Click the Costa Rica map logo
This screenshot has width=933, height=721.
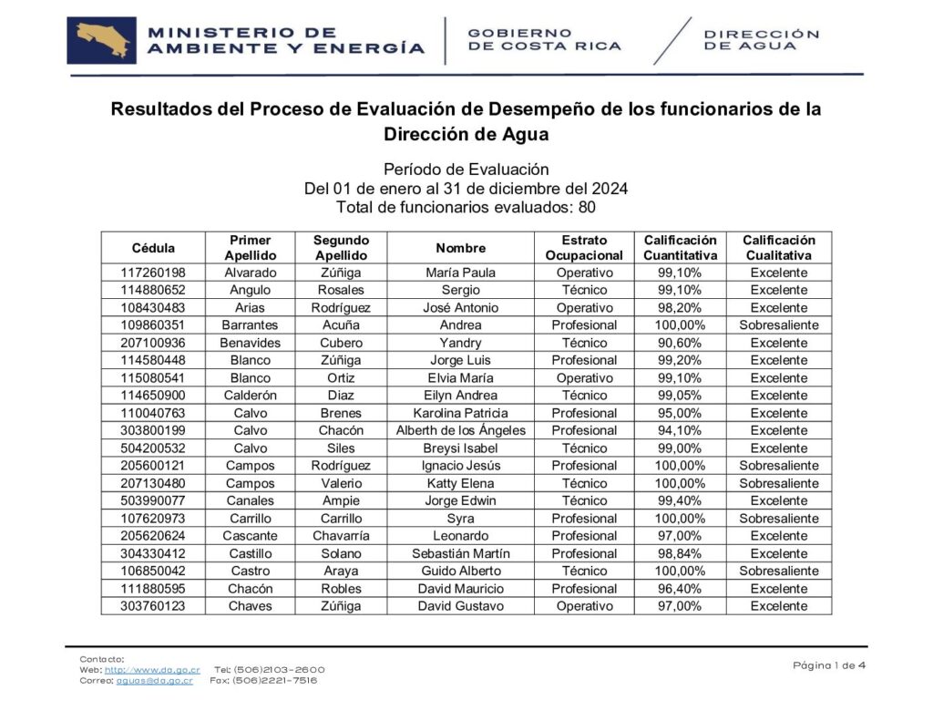[101, 41]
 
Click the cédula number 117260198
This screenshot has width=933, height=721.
[153, 273]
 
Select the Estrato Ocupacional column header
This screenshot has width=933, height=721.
[584, 248]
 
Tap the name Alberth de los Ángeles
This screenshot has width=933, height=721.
[460, 430]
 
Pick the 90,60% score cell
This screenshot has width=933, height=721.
[680, 343]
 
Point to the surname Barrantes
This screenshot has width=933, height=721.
[250, 325]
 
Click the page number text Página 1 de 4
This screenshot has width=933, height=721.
[829, 664]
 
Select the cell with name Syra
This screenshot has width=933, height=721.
[460, 519]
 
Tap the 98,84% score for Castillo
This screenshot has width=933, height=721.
[680, 553]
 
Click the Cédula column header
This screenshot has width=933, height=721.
[153, 248]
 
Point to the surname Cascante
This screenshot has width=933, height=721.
[250, 536]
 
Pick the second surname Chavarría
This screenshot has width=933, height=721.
[341, 536]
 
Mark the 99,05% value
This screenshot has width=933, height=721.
[680, 396]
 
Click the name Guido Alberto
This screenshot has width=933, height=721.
[460, 571]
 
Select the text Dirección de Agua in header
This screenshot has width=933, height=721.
[762, 40]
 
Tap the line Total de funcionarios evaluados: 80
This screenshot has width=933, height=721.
[466, 207]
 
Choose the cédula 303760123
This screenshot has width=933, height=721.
[153, 606]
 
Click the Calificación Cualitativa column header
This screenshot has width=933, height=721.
[778, 248]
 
